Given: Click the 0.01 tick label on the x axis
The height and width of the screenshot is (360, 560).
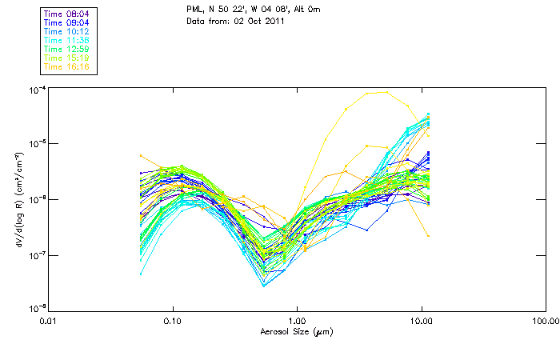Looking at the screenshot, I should pyautogui.click(x=48, y=322).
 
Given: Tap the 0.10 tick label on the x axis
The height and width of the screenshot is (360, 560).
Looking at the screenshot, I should pyautogui.click(x=172, y=322).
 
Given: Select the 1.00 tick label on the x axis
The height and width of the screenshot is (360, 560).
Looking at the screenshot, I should pyautogui.click(x=297, y=322).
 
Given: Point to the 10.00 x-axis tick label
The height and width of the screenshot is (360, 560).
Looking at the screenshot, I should pyautogui.click(x=421, y=322).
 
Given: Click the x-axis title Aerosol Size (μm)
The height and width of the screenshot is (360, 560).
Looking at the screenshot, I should pyautogui.click(x=296, y=331).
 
